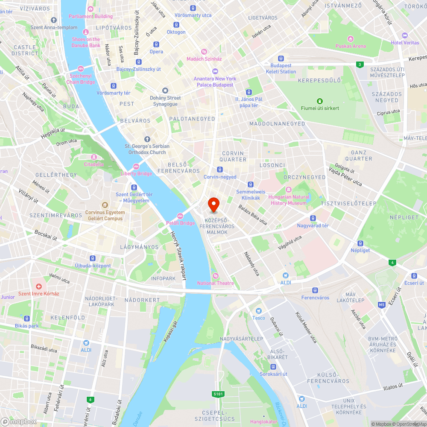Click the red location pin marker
coord(213,205)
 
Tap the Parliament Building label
coord(91,16)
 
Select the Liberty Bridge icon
coord(136,167)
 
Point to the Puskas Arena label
coord(351,46)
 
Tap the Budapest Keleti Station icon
coord(281,58)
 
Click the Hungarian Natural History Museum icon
coord(289,189)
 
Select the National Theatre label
coord(216,283)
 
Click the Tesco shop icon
coord(258,311)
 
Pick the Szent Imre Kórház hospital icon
coord(38,287)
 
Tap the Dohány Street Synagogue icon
coord(165,90)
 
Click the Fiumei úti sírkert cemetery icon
coord(319,101)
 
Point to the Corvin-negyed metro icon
coord(220,170)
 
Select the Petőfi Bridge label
coord(180,223)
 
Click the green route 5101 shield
coord(217,394)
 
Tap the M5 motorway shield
coord(381,304)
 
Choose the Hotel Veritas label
coord(405,43)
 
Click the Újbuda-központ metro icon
coord(93,258)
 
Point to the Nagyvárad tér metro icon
coord(313,218)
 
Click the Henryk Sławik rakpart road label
coord(179,255)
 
